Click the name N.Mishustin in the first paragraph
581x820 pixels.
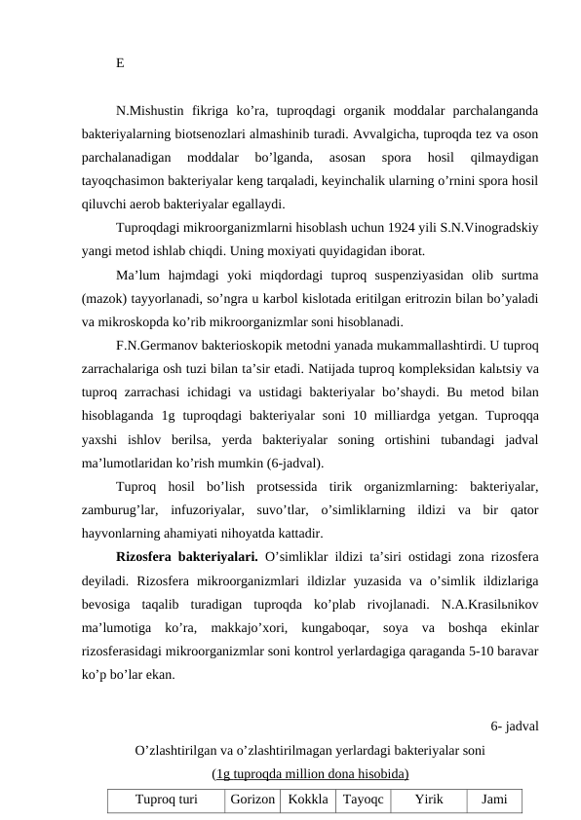(151, 111)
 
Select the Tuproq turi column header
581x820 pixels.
(166, 801)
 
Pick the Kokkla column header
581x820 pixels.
(307, 801)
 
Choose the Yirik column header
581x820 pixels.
(427, 801)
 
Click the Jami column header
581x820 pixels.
(494, 801)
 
